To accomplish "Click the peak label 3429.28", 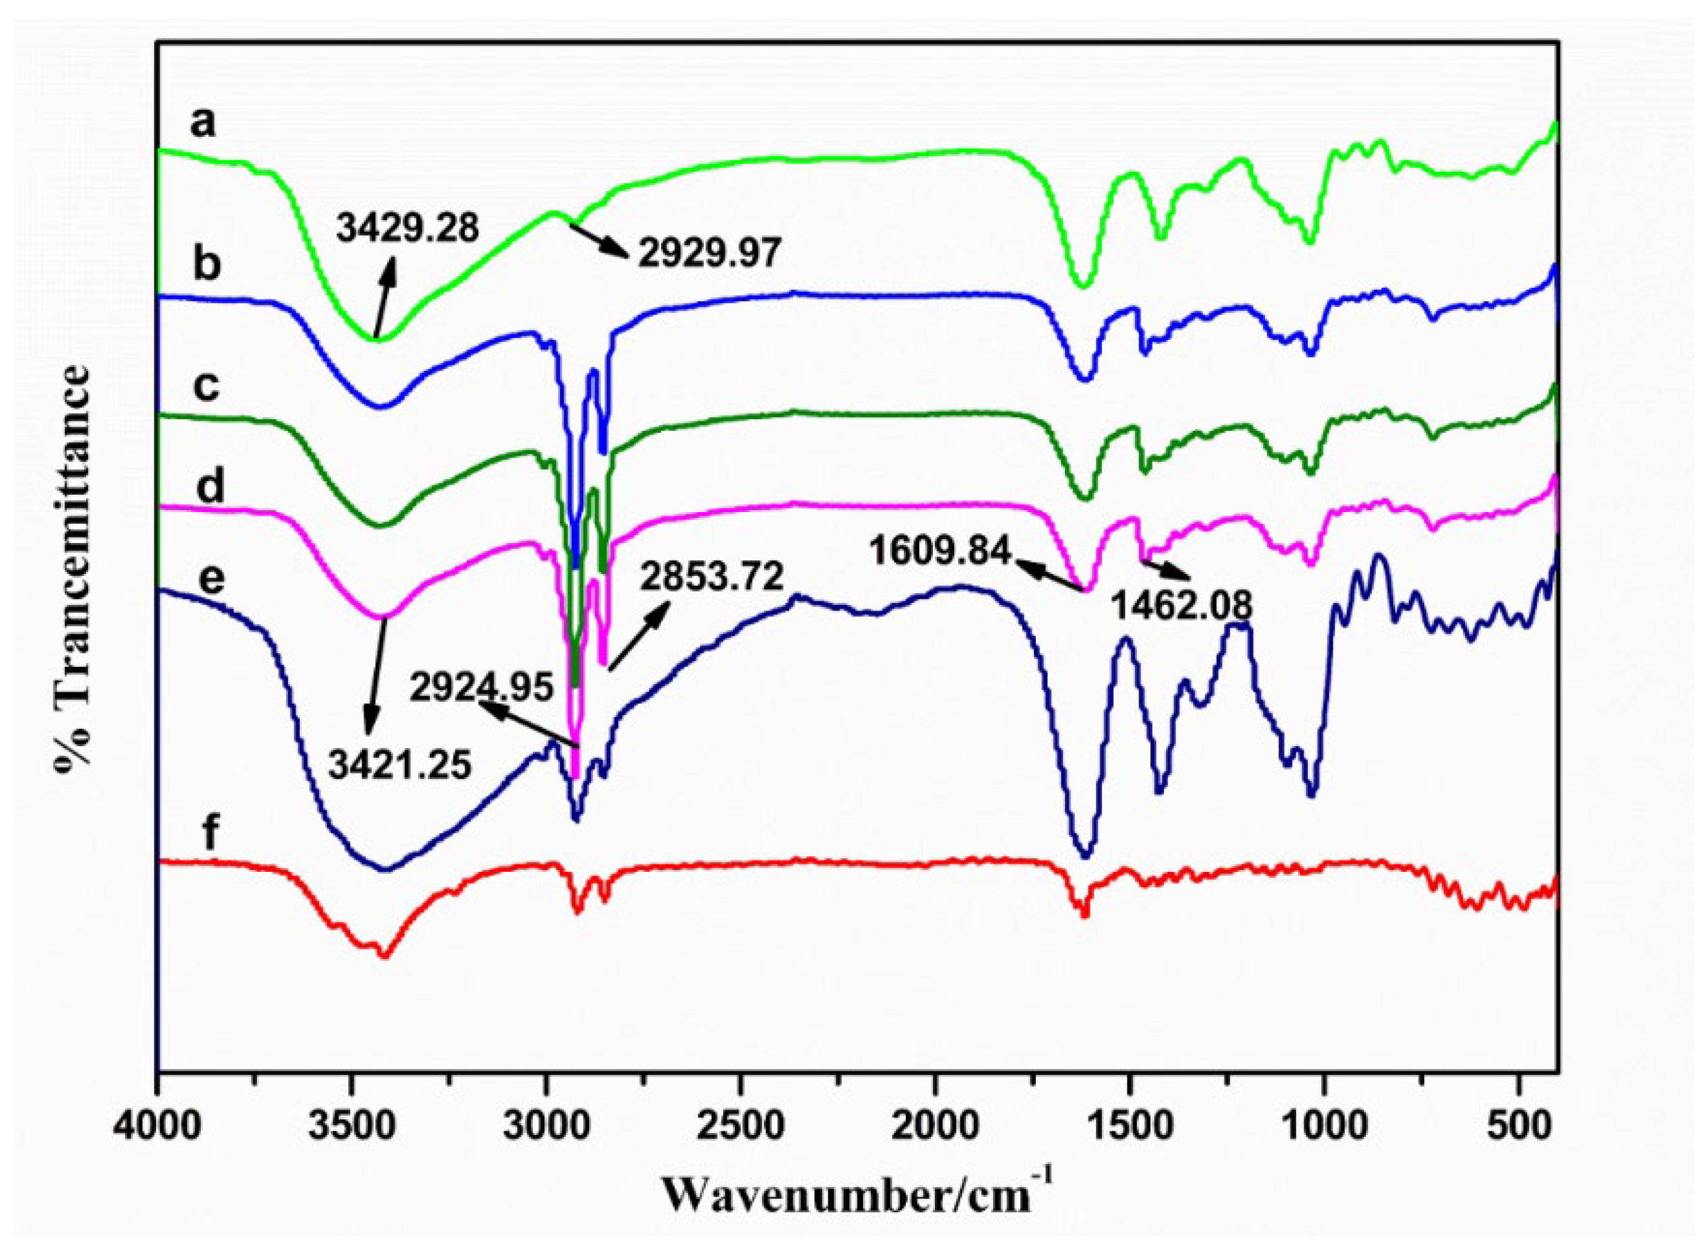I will click(x=408, y=227).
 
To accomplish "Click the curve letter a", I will click(x=203, y=123).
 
